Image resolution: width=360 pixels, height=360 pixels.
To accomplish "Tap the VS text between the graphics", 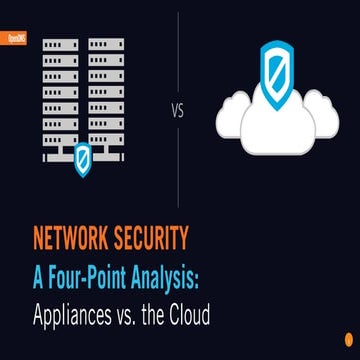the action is click(x=179, y=111).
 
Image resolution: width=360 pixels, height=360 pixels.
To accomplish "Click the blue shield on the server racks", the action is click(x=83, y=156).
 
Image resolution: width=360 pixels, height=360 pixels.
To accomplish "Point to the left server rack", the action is click(x=59, y=95).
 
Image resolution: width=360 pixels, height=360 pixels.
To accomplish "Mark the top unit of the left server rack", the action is click(x=59, y=45).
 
